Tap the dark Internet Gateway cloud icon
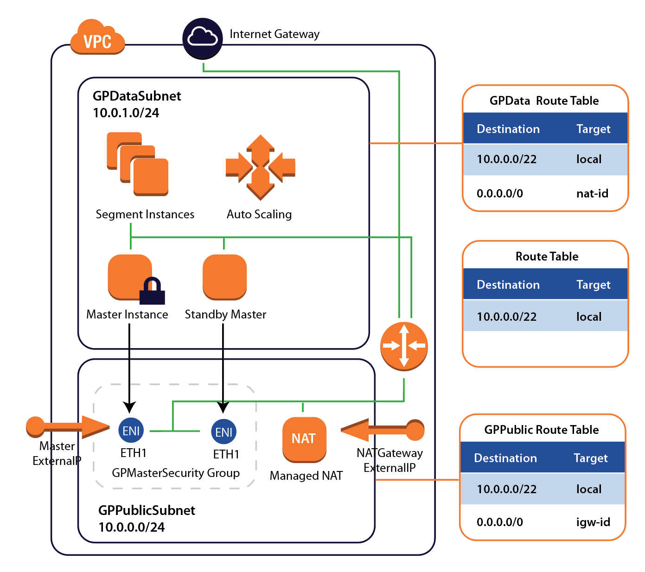[203, 38]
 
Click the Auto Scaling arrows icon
[260, 167]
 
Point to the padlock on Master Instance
[153, 291]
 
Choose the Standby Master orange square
[225, 277]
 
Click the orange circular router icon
[404, 346]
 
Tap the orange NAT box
[304, 439]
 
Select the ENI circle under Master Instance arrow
[131, 431]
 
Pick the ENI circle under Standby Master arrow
[224, 432]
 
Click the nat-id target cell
[592, 193]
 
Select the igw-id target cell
[593, 522]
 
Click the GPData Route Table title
[544, 101]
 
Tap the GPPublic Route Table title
[541, 430]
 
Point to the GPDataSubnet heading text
[137, 96]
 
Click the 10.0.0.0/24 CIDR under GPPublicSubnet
[132, 527]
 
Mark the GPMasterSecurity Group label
[176, 473]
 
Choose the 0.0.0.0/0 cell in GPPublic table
[499, 522]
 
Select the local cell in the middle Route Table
[588, 317]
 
